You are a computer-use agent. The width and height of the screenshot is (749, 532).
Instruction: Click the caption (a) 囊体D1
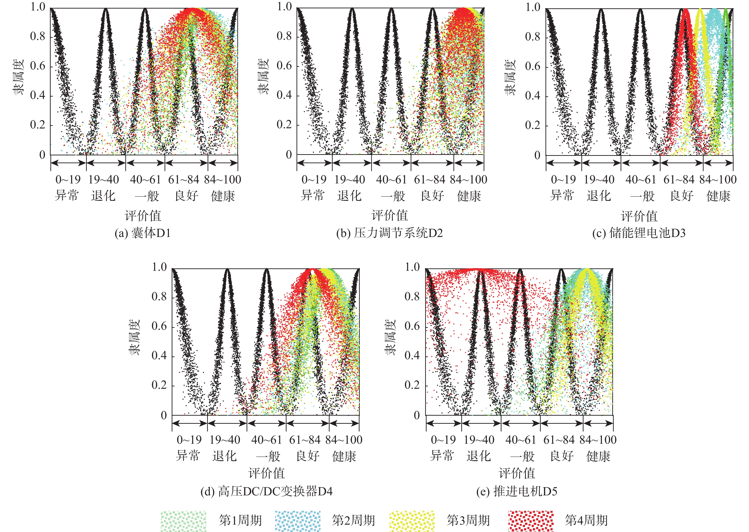coord(143,233)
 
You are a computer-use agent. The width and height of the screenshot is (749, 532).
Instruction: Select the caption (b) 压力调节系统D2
coord(389,233)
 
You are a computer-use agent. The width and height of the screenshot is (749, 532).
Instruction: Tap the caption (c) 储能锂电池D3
coord(639,233)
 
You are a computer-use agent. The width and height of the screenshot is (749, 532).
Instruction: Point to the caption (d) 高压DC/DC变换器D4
coord(267,491)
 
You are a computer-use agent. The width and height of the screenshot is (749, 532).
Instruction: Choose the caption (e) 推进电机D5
coord(517,491)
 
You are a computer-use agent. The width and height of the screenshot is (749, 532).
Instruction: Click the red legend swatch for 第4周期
coord(531,521)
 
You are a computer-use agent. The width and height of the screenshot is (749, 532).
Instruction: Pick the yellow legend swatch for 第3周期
coord(412,521)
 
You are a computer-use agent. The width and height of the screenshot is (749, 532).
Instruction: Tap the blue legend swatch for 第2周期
coord(297,521)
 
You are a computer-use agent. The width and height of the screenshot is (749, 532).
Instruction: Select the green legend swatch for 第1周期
coord(183,521)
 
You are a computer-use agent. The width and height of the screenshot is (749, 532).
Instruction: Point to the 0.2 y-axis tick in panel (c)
coord(533,125)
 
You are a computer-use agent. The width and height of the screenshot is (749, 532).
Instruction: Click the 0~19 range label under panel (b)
coord(314,180)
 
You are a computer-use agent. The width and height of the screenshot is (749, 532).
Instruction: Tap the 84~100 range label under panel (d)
coord(344,440)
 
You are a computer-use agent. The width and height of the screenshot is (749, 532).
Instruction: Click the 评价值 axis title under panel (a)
coord(143,216)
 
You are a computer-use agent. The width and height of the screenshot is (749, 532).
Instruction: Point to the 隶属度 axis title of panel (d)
coord(134,337)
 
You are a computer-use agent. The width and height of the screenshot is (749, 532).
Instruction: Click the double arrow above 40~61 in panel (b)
coord(391,163)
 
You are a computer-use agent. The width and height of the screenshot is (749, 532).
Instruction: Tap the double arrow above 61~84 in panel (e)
coord(561,423)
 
